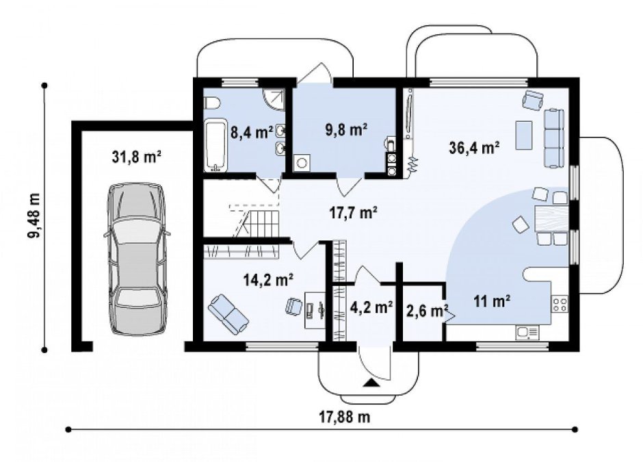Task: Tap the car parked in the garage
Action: [137, 259]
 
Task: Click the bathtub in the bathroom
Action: [215, 145]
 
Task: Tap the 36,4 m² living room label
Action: [475, 147]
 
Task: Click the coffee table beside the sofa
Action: [524, 135]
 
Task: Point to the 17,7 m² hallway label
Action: [354, 212]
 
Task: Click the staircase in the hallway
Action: [256, 222]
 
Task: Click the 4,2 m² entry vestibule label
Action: [372, 307]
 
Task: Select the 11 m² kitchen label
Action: [492, 302]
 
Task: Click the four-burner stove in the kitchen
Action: [560, 304]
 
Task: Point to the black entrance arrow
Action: [371, 383]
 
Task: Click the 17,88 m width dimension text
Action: [345, 417]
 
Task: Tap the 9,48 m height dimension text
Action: [34, 215]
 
